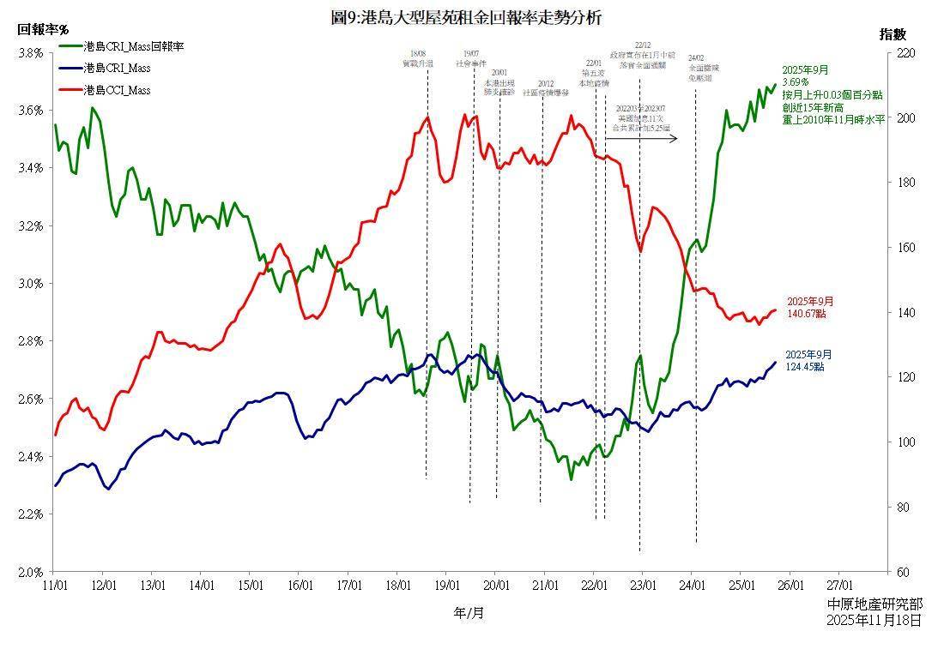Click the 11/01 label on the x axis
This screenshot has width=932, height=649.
54,586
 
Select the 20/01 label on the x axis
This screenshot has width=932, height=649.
495,586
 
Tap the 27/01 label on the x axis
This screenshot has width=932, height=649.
838,586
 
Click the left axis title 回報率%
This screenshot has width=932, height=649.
43,30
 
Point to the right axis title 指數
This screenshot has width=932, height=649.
893,34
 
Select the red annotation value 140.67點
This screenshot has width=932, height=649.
807,315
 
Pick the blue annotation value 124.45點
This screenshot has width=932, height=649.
805,367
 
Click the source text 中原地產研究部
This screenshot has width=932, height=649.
875,604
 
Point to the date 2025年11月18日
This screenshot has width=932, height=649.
875,619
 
